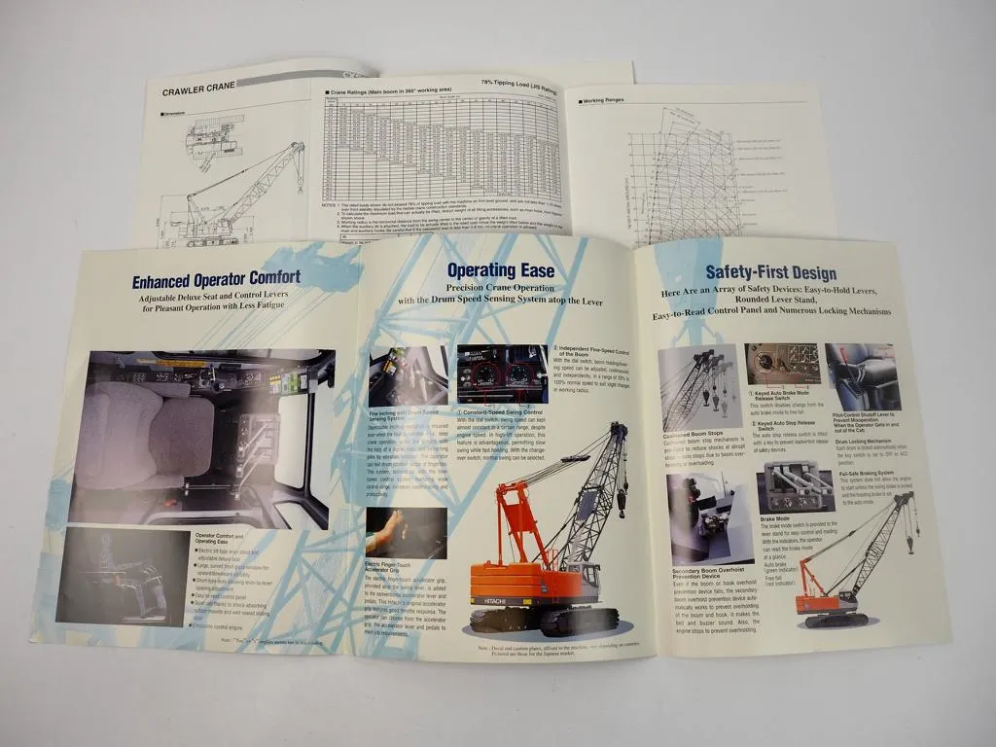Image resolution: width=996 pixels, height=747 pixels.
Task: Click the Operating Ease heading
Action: (x=500, y=271)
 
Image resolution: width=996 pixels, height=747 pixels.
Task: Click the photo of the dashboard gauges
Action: (x=502, y=374)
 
